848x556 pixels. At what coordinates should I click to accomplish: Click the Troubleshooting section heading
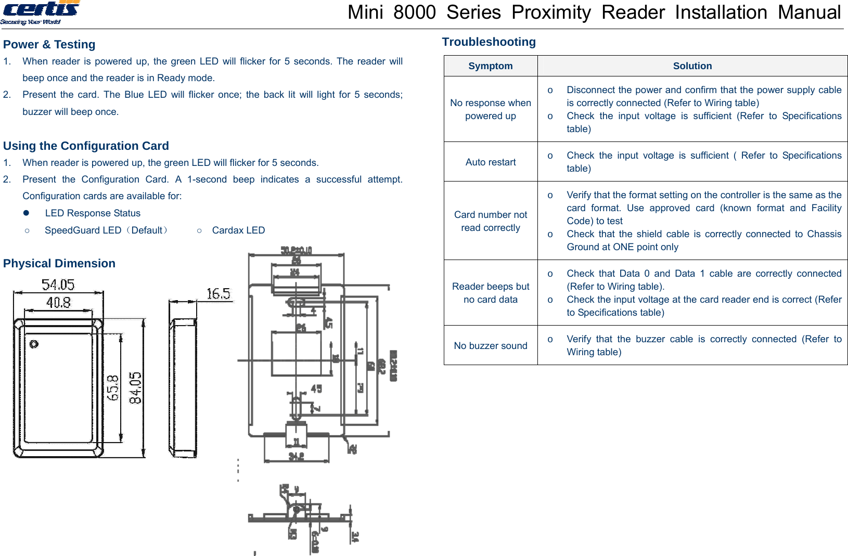click(x=489, y=42)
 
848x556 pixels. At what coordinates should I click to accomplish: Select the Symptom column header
click(x=490, y=66)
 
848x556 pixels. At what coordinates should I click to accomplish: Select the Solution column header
click(x=692, y=66)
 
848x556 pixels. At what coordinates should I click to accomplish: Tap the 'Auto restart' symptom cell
click(x=490, y=162)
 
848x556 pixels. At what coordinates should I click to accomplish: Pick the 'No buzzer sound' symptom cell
click(x=490, y=346)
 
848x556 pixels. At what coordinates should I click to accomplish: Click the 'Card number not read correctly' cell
click(x=490, y=221)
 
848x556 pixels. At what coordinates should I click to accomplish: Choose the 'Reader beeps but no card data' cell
click(x=490, y=293)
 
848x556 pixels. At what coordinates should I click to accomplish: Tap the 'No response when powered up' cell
click(x=490, y=109)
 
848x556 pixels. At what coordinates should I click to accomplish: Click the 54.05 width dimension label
click(x=58, y=285)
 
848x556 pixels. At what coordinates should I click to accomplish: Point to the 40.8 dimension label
click(x=58, y=303)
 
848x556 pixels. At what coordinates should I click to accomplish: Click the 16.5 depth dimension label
click(x=218, y=294)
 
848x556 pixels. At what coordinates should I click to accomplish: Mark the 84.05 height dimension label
click(x=135, y=388)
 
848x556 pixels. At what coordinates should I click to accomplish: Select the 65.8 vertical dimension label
click(x=113, y=388)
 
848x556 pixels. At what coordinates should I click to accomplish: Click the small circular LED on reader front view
click(x=34, y=344)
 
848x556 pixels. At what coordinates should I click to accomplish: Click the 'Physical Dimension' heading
click(x=59, y=264)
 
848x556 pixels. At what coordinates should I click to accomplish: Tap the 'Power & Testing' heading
click(x=49, y=45)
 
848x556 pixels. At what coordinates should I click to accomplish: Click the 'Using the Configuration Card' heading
click(x=86, y=146)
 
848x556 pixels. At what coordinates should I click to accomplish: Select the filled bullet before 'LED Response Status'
click(x=26, y=213)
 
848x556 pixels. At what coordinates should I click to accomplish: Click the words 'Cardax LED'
click(x=238, y=230)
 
